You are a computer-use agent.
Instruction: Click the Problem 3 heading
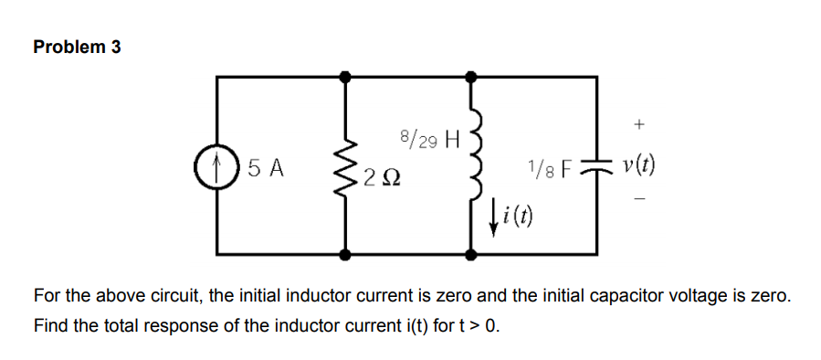77,48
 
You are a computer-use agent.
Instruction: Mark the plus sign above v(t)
640,121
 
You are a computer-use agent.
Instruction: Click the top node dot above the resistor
345,78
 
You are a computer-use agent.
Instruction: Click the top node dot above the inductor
472,78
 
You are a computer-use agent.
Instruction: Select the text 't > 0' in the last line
477,326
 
